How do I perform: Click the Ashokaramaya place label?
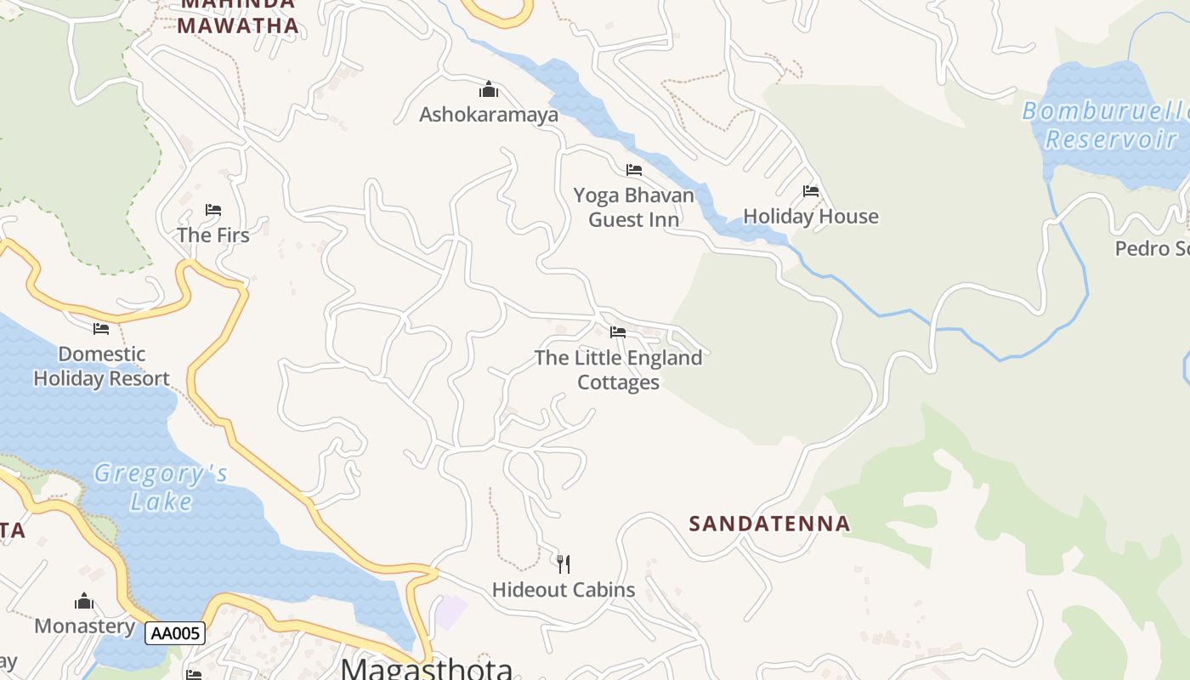click(489, 114)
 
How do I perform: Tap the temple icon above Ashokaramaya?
click(489, 89)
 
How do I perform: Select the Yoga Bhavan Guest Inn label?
click(633, 207)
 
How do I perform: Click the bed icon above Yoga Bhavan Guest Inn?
click(633, 170)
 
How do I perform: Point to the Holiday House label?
click(810, 217)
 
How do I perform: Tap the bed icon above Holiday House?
click(810, 191)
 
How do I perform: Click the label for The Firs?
click(212, 235)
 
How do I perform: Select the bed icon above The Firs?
click(212, 210)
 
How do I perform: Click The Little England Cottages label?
click(618, 370)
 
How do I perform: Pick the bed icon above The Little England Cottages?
click(618, 332)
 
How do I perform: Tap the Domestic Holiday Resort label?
click(101, 366)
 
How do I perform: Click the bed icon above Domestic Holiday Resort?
click(101, 329)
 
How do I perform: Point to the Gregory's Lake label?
click(161, 487)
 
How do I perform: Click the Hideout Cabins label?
click(564, 590)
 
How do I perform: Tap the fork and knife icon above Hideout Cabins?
click(563, 564)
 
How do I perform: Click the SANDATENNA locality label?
click(769, 524)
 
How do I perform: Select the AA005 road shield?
click(174, 633)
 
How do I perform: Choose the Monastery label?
click(84, 626)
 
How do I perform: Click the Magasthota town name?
click(427, 668)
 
